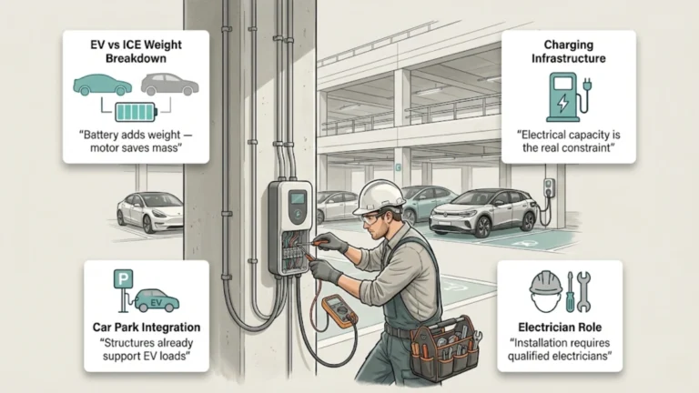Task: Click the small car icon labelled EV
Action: pyautogui.click(x=156, y=300)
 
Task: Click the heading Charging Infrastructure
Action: pyautogui.click(x=568, y=52)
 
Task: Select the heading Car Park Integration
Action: pyautogui.click(x=146, y=326)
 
